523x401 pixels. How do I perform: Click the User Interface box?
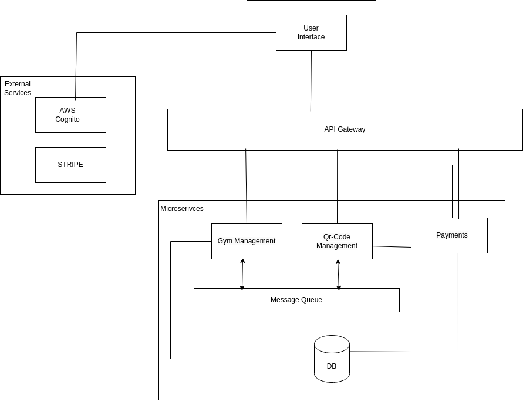(x=311, y=32)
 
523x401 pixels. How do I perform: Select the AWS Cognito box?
(x=70, y=115)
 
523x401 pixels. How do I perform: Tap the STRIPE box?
(x=70, y=165)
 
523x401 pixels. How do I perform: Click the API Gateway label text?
(x=345, y=129)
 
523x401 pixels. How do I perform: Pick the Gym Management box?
(x=247, y=241)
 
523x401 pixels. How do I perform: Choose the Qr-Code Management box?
(x=337, y=241)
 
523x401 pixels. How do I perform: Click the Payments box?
(x=452, y=235)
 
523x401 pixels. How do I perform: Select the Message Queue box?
(x=296, y=300)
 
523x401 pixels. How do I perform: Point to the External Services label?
(x=18, y=88)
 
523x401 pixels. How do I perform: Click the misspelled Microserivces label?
(x=182, y=209)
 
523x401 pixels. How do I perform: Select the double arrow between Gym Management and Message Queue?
(x=242, y=273)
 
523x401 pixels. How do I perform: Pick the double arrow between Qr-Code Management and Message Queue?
(x=338, y=273)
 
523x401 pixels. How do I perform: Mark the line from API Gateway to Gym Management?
(x=246, y=186)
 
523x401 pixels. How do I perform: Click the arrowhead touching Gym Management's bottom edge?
(x=242, y=261)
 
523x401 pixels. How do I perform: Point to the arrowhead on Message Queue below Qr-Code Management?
(x=339, y=286)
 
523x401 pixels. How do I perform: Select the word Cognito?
(x=68, y=119)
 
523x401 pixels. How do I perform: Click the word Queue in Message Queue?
(x=312, y=300)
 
